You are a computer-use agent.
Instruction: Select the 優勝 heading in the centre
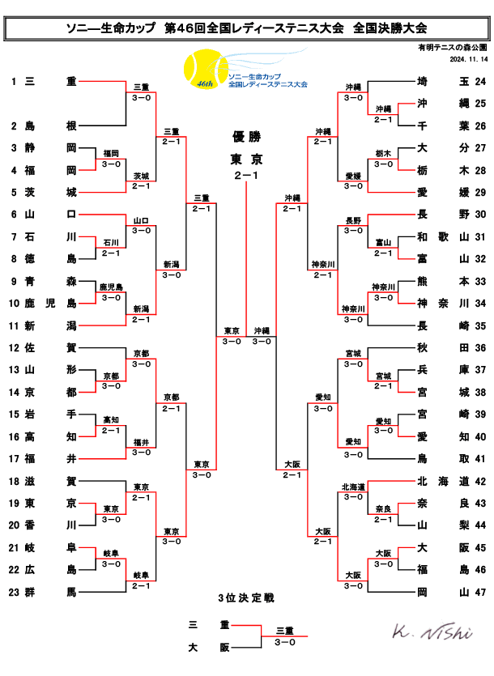pos(246,137)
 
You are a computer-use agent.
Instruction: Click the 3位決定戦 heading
pos(246,598)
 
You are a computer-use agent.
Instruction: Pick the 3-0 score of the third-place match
pos(284,641)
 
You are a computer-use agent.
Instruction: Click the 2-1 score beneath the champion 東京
pos(246,175)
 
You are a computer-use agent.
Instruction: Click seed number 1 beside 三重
pos(14,82)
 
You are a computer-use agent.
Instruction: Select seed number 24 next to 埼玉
pos(480,82)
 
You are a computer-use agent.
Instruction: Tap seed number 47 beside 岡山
pos(480,592)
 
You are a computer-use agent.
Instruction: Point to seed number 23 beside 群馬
pos(14,592)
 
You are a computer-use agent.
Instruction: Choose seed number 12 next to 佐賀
pos(14,348)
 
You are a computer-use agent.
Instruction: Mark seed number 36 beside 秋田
pos(480,348)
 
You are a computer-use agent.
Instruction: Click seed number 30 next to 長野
pos(480,215)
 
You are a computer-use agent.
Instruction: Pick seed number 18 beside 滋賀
pos(14,481)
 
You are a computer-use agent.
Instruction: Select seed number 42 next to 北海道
pos(480,481)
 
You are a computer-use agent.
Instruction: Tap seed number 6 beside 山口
pos(14,215)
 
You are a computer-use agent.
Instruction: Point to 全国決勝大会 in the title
pos(390,28)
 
